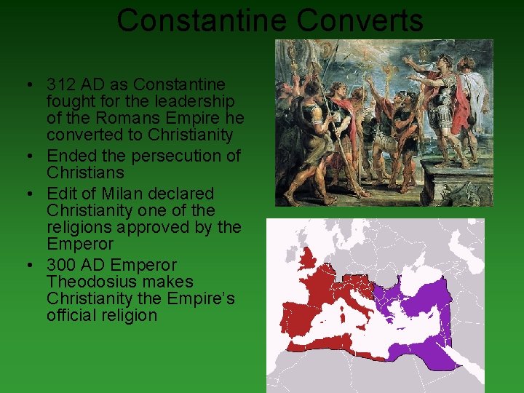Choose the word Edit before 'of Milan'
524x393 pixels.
61,194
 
